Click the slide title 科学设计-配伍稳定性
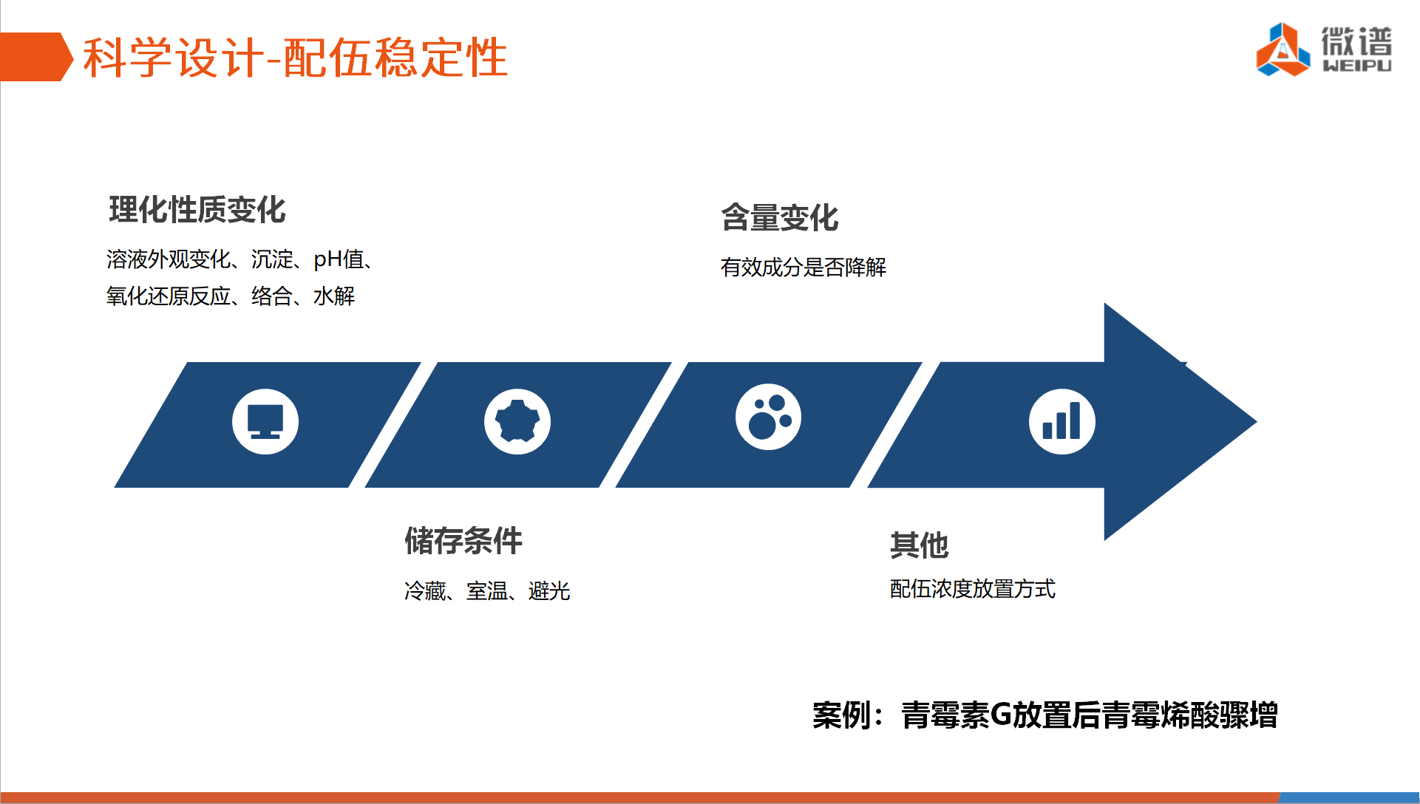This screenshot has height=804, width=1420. [295, 58]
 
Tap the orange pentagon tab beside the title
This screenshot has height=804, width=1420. [35, 57]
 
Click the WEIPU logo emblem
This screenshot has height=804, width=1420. [1283, 50]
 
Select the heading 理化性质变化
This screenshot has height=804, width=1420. [197, 210]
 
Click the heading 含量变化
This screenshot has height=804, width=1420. [780, 218]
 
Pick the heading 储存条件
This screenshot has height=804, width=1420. [463, 541]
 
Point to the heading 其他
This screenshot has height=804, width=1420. [919, 545]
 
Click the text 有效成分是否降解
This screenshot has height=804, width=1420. [804, 267]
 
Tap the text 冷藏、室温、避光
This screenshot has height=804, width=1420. [487, 591]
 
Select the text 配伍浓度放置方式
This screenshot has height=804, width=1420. [973, 589]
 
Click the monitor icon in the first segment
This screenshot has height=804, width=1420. [265, 421]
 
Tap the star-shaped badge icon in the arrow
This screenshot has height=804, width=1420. [517, 421]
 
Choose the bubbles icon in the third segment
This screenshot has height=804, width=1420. [768, 417]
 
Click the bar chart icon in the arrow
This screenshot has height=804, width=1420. [1062, 421]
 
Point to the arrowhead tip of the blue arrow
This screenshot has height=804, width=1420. [1256, 422]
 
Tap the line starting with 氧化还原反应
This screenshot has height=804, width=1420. [231, 296]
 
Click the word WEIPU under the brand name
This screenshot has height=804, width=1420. [1357, 66]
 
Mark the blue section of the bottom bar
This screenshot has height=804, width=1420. [1350, 798]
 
